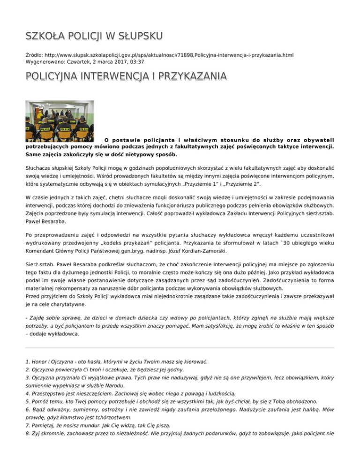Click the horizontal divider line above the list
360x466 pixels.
(x=180, y=348)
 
